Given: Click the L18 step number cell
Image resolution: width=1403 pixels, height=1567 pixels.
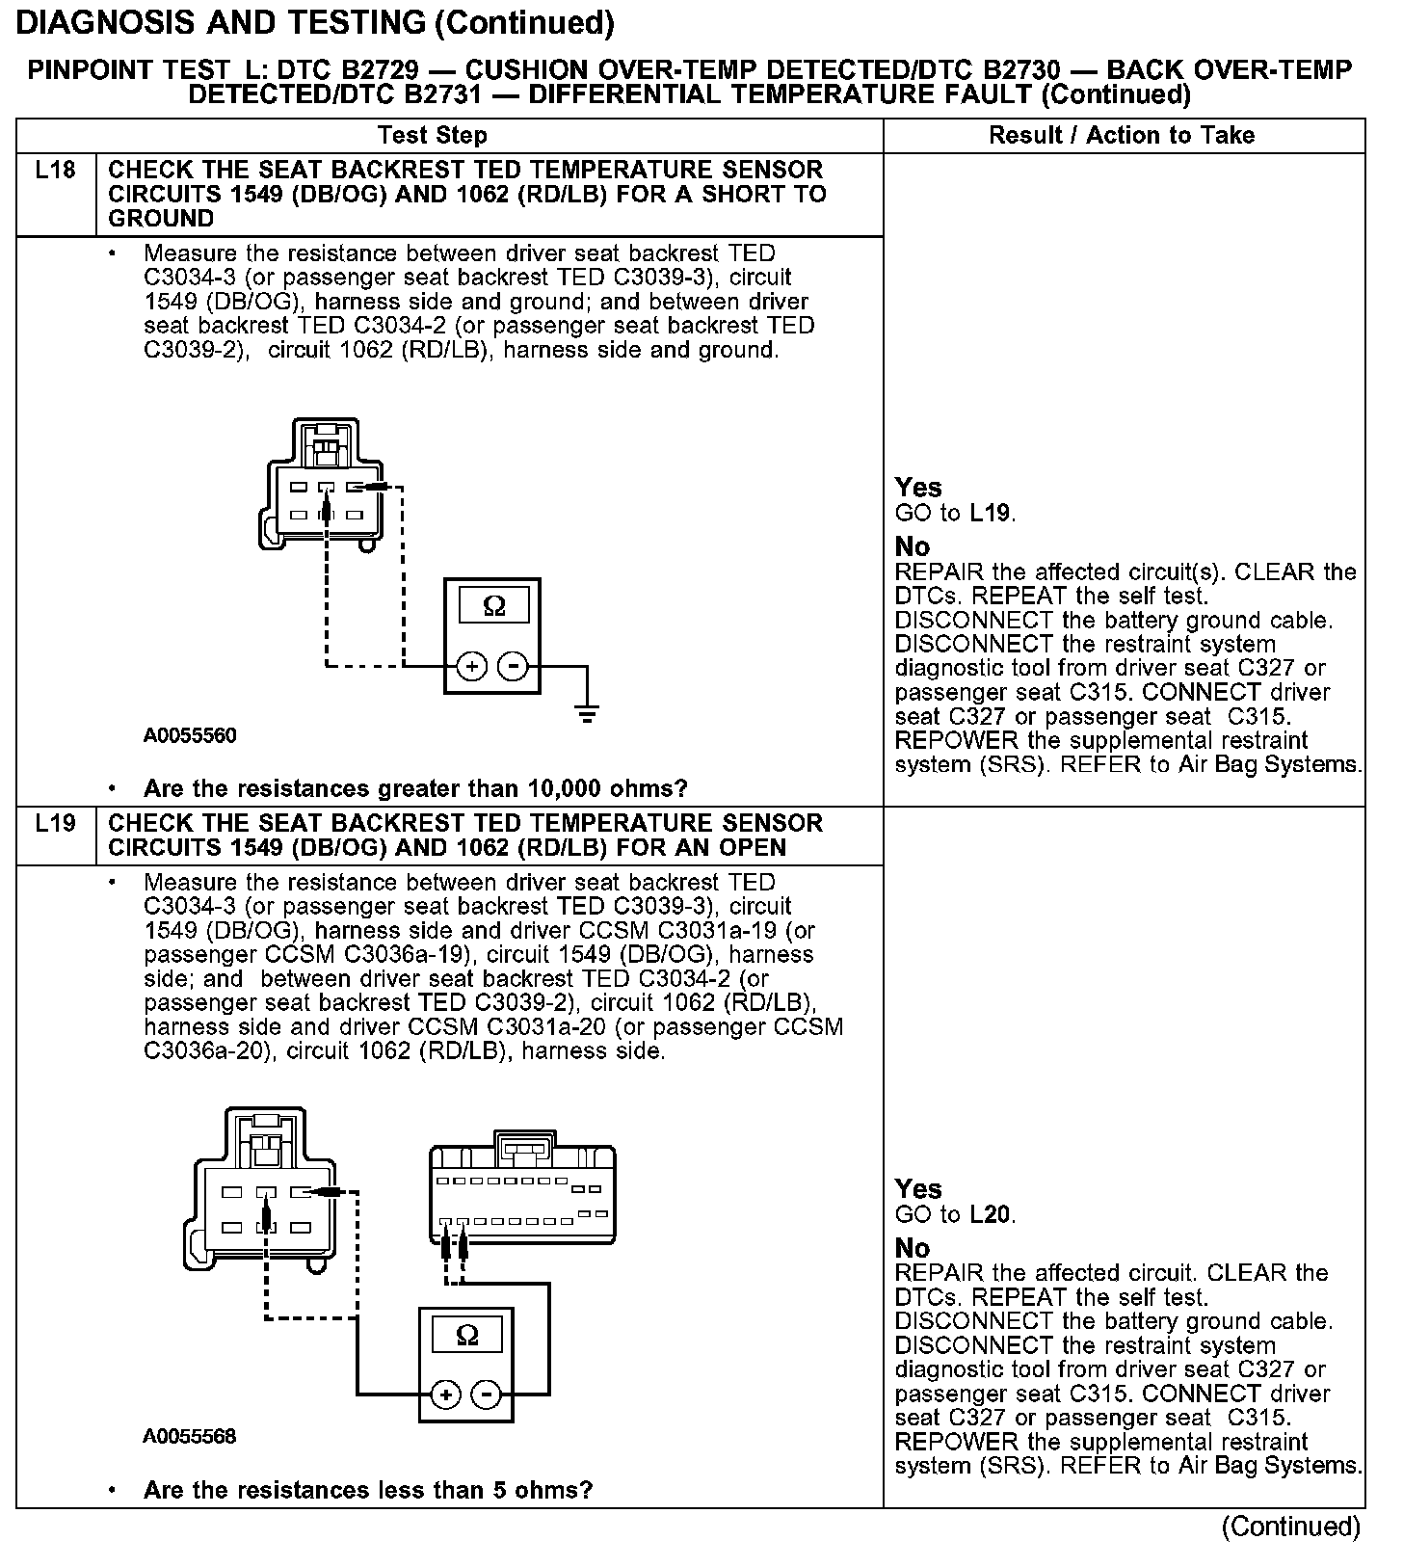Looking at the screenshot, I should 55,172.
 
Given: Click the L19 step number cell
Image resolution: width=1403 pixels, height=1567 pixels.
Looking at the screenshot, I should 55,824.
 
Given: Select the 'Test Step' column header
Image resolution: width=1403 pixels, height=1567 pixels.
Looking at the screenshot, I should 432,136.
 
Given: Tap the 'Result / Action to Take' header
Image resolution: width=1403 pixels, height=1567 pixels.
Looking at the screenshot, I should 1122,136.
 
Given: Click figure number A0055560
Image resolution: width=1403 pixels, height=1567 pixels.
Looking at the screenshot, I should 190,736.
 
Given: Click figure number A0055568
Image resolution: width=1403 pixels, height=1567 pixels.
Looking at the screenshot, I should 190,1437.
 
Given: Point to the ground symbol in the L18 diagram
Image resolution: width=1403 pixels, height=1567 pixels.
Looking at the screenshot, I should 586,714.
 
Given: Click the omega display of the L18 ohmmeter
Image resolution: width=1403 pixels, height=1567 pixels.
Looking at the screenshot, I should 493,606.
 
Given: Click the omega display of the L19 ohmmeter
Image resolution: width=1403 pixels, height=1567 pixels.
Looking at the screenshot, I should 466,1335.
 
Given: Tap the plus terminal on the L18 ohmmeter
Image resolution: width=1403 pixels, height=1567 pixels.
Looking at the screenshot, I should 471,666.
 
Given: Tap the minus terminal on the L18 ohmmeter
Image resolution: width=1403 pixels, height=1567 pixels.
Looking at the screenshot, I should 514,666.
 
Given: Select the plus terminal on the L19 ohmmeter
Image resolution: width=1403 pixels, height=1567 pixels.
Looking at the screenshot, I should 445,1394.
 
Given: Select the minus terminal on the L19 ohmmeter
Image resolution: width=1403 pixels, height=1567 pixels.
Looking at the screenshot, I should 488,1394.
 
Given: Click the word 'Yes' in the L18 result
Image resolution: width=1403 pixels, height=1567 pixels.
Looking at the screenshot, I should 917,488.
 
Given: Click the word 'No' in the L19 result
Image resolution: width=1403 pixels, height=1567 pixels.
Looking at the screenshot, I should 912,1249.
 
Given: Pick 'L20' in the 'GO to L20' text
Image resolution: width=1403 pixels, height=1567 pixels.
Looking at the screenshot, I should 991,1215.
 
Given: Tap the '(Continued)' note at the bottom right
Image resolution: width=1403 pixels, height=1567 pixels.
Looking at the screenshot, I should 1290,1527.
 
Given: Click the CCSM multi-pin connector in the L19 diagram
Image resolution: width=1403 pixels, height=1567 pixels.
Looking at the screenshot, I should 521,1195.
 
